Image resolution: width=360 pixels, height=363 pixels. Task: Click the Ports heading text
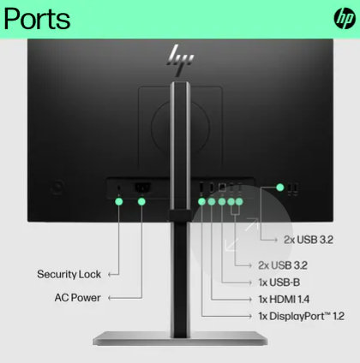(x=37, y=20)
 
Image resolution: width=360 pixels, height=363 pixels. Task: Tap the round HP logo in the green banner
(x=345, y=18)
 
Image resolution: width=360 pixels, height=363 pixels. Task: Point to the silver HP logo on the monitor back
(x=181, y=60)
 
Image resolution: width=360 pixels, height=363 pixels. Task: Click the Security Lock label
(x=69, y=274)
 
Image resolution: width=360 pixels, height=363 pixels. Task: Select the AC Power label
(x=77, y=298)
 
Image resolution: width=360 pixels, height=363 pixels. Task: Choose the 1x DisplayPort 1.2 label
(x=301, y=316)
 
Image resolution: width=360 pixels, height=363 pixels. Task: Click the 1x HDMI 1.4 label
(x=284, y=300)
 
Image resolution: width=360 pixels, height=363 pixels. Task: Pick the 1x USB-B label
(x=279, y=283)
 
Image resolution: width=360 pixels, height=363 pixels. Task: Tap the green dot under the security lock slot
(x=119, y=202)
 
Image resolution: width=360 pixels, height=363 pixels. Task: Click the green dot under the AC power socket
(x=141, y=202)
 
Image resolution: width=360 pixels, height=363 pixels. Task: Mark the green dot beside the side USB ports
(x=280, y=187)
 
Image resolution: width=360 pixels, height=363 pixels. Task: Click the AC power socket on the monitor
(x=142, y=187)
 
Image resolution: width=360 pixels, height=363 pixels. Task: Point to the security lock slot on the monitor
(x=119, y=187)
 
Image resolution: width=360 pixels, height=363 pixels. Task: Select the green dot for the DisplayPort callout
(x=201, y=202)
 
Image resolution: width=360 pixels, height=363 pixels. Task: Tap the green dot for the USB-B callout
(x=222, y=202)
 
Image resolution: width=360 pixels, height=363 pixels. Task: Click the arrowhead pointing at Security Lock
(x=110, y=275)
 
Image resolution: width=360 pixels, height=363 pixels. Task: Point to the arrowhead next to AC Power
(x=110, y=298)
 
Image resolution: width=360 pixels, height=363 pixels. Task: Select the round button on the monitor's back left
(x=57, y=187)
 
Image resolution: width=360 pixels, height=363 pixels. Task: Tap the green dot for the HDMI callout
(x=212, y=202)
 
